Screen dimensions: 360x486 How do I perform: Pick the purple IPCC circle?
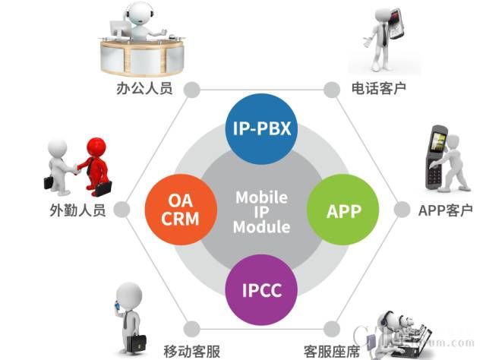coord(260,289)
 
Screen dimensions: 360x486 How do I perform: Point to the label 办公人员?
coord(144,88)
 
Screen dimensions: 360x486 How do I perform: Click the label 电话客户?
coord(378,88)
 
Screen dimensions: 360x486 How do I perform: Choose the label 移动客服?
coord(192,350)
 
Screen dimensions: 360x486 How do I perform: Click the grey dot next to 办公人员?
coord(192,89)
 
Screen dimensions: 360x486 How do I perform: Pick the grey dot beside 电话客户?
coord(330,89)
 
